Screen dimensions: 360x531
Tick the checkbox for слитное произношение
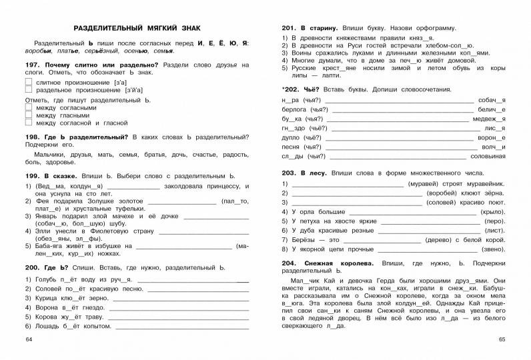click(x=28, y=81)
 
